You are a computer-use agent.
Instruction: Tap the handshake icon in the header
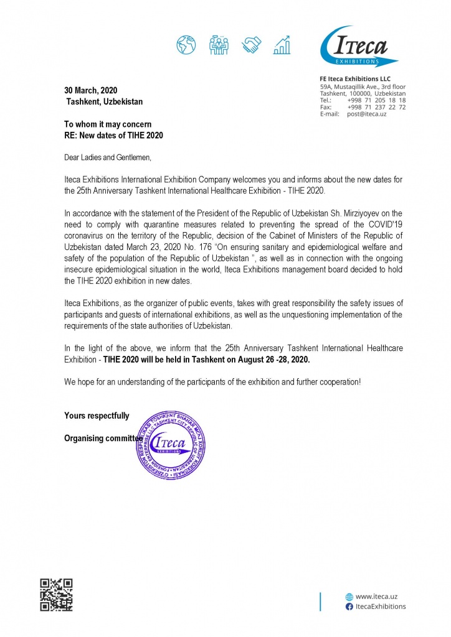coord(252,44)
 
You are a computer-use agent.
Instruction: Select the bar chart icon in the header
coord(283,44)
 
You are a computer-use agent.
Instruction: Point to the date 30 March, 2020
coord(91,90)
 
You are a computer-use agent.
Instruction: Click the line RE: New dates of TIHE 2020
coord(114,135)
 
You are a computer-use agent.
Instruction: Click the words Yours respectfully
coord(97,416)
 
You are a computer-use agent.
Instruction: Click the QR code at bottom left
coord(56,594)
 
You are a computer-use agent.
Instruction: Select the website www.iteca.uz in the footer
coord(376,595)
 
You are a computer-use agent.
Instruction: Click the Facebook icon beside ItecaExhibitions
coord(349,606)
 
